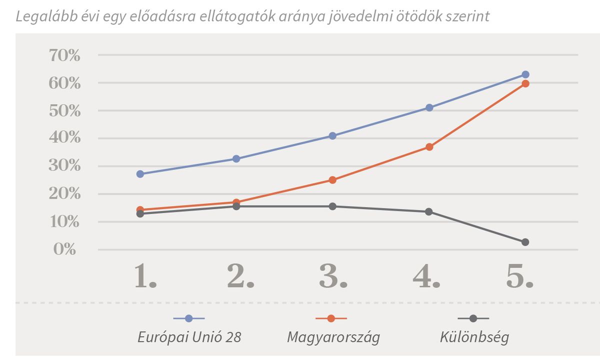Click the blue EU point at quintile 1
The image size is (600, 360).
click(140, 174)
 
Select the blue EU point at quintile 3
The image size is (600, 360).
click(332, 136)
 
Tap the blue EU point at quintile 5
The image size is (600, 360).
click(525, 74)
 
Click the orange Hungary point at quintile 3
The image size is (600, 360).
click(332, 180)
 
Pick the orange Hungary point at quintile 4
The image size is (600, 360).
click(429, 147)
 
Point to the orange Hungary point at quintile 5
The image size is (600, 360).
click(525, 83)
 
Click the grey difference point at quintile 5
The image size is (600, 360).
click(525, 242)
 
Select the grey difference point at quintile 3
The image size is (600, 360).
click(332, 206)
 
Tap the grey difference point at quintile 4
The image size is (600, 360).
click(429, 211)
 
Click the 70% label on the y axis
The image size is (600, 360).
click(64, 55)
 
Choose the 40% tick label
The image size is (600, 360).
click(64, 138)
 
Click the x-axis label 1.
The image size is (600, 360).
click(145, 276)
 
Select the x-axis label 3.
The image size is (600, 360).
click(333, 276)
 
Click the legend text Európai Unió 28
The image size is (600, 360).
click(189, 337)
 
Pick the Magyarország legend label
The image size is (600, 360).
click(333, 337)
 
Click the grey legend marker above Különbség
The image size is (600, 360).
click(473, 318)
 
